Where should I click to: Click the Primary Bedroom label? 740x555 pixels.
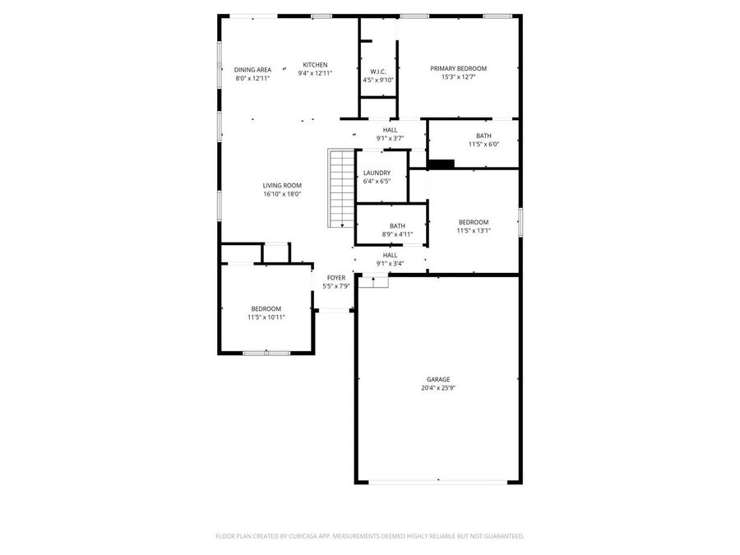458,68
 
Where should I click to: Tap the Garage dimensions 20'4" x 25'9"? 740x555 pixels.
437,388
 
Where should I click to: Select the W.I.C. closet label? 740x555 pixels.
378,72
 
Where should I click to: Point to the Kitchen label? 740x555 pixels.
315,65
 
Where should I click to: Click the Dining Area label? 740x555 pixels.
252,70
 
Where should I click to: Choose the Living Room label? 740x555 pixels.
282,186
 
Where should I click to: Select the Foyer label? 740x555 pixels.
336,278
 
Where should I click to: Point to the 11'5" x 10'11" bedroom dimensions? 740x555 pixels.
266,317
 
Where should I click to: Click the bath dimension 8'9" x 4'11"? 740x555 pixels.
397,234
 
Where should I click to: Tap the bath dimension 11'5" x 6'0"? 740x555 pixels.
483,145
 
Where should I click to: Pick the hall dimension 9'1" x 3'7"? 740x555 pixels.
390,138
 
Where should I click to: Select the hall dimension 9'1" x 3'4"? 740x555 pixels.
390,264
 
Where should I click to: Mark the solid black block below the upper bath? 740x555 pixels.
442,164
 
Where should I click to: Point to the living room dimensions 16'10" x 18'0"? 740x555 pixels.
282,195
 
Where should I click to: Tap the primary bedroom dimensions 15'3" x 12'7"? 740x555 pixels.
458,77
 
